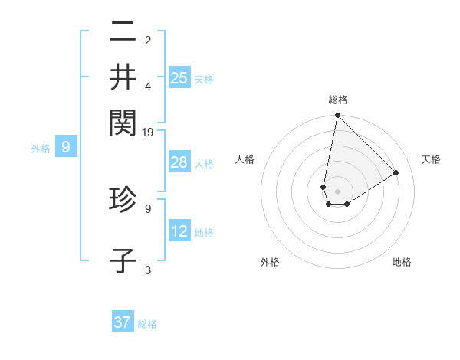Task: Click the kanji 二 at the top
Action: (123, 34)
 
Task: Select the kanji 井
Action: (123, 77)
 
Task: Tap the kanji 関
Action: (123, 120)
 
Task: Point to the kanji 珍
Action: (123, 201)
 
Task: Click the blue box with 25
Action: (179, 77)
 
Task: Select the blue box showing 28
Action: (179, 162)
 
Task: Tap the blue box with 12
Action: (179, 231)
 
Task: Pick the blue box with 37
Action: (123, 322)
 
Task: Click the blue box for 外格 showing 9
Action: (66, 147)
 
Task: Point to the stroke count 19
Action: (149, 133)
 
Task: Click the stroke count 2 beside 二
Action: (148, 40)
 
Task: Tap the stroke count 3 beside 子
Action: (148, 270)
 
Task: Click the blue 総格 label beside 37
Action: (147, 324)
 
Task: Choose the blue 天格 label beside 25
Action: (204, 80)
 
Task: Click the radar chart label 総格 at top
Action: (337, 100)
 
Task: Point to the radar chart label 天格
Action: (431, 159)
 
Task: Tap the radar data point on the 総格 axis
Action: (337, 116)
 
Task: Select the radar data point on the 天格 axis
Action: (396, 172)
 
